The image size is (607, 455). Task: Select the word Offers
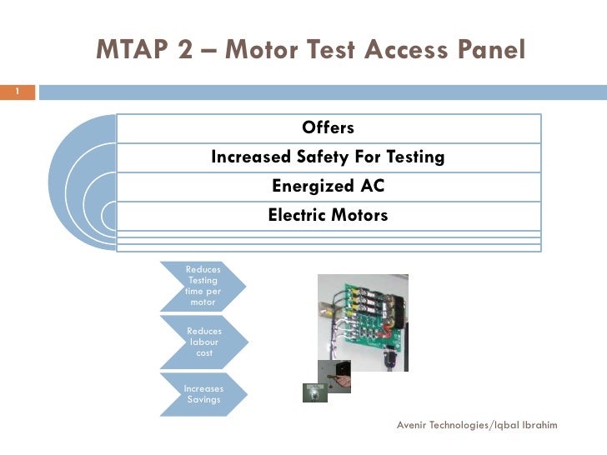(x=329, y=127)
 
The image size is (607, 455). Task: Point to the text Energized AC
(x=328, y=186)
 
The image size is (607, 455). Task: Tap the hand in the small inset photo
(x=338, y=378)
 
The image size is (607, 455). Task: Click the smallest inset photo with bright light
(x=314, y=392)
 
